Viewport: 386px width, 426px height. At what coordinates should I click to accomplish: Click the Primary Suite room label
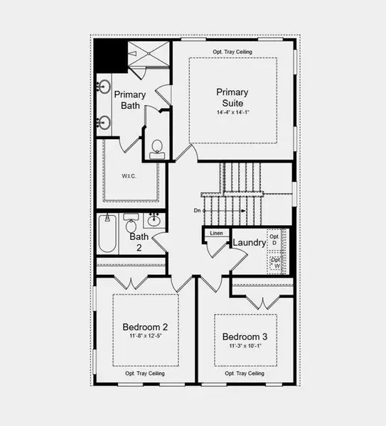point(232,97)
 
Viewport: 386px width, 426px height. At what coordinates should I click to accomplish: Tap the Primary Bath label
point(130,100)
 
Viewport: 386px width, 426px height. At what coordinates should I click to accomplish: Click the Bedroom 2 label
point(145,327)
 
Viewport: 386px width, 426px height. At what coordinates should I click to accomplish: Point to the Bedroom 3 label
point(245,337)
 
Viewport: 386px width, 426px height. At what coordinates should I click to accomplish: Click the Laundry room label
point(249,243)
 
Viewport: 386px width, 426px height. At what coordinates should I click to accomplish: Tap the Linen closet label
point(216,233)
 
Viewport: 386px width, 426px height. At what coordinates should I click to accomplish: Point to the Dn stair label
point(197,211)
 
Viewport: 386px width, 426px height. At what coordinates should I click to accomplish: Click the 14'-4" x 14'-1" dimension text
point(232,113)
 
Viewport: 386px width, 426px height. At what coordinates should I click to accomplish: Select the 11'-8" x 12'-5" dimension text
point(145,337)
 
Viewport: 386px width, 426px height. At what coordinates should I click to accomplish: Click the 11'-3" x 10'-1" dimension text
point(245,346)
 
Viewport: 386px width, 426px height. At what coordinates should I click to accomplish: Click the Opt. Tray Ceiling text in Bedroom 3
point(245,373)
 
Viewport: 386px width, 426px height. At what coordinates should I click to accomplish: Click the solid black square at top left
point(108,53)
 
